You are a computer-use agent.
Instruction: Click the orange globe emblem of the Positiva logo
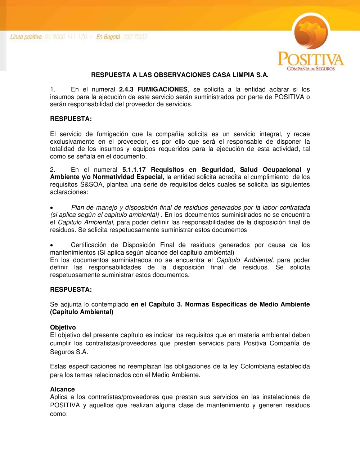311,32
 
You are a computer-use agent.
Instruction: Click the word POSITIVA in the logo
311,59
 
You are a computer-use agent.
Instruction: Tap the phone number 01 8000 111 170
66,37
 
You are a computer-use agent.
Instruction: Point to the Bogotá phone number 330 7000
135,37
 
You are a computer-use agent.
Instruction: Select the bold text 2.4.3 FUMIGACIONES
153,89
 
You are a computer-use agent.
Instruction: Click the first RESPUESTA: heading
71,119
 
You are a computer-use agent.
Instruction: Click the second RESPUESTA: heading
71,290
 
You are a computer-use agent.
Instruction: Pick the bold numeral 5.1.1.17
134,170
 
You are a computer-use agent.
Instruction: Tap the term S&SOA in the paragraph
92,184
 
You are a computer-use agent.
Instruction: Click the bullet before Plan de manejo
52,208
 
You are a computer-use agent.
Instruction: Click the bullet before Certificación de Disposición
52,245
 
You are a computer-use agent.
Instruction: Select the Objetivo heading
63,327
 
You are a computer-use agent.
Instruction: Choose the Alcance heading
62,389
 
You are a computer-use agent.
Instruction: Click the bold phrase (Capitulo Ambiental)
82,312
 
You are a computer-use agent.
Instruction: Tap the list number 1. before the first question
53,89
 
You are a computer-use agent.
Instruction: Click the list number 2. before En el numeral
53,170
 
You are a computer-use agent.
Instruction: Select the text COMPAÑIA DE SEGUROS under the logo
311,69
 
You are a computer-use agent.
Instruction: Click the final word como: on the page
59,414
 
